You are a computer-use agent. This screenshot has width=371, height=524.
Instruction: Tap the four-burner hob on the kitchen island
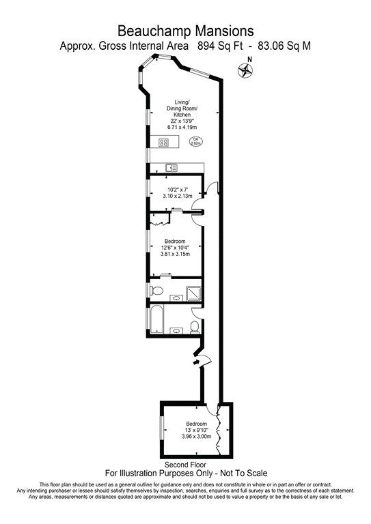[x=164, y=142]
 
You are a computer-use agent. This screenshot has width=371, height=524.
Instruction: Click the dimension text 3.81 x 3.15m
[x=176, y=254]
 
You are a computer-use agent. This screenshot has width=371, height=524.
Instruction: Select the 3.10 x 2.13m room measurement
[x=176, y=196]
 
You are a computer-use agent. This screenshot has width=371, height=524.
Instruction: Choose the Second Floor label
[x=185, y=465]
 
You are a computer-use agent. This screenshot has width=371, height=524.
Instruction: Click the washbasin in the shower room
[x=174, y=297]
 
